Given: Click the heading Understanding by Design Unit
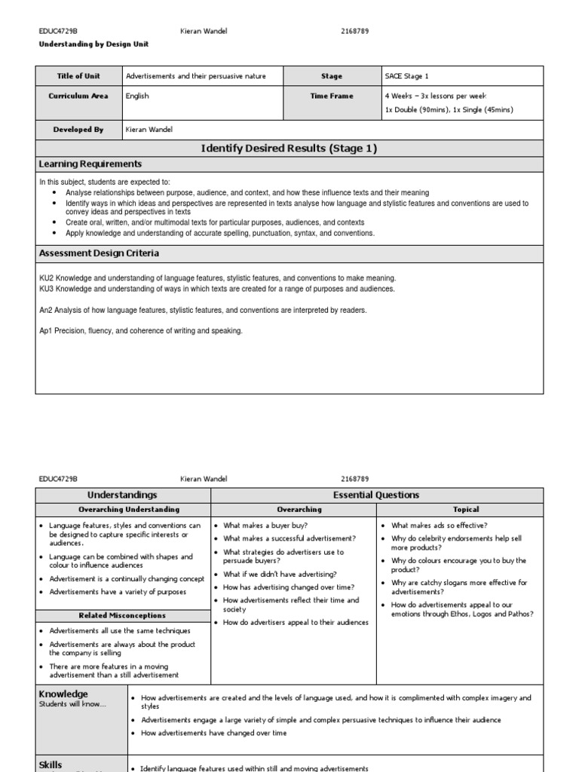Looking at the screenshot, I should tap(93, 44).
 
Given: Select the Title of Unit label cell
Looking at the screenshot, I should tap(78, 76).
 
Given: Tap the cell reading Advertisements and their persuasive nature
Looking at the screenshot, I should tap(195, 76).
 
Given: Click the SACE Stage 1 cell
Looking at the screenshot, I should tap(406, 76).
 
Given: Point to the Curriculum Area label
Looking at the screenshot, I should tap(78, 96).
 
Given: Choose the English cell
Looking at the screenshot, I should tap(137, 96).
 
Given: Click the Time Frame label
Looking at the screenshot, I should tap(331, 96).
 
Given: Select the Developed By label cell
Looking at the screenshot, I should tap(78, 130).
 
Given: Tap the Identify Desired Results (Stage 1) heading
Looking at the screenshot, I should tap(289, 149).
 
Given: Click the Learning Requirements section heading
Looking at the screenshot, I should tap(90, 164).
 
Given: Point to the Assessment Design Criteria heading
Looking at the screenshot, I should tap(99, 254).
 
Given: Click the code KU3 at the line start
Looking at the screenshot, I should tap(47, 289).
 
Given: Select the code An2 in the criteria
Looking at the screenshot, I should tap(47, 310).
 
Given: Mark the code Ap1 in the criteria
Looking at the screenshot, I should tap(47, 331).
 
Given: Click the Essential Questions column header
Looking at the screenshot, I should tap(376, 495).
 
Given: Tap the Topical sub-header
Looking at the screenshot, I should tap(466, 510).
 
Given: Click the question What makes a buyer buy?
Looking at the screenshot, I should tap(265, 525).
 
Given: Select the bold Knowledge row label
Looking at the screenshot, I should tap(63, 694).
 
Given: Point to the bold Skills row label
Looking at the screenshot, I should tap(51, 764).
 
